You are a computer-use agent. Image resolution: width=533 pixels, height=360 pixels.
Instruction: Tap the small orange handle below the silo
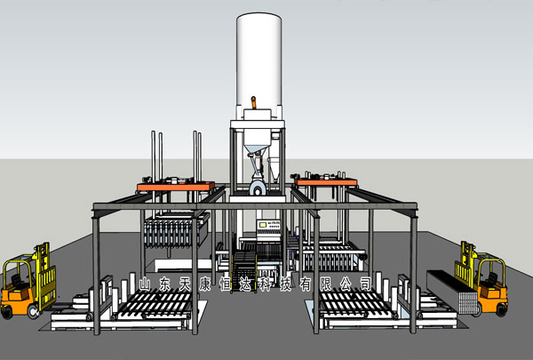[x=253, y=102]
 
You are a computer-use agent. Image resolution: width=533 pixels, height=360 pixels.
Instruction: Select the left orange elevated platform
[x=176, y=186]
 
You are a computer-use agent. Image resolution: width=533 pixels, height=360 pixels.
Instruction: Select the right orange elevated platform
[x=326, y=182]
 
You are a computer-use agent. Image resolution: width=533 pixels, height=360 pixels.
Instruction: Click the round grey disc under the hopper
[x=259, y=188]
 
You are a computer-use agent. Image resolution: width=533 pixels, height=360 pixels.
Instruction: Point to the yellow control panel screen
[x=262, y=225]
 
